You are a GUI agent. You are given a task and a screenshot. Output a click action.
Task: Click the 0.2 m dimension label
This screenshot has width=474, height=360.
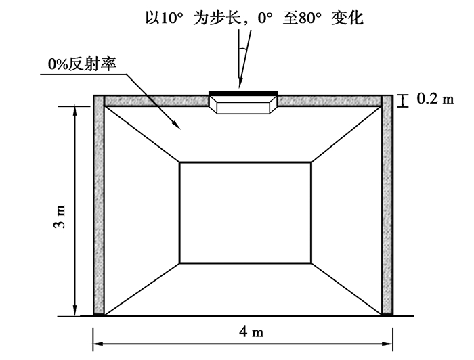(435, 99)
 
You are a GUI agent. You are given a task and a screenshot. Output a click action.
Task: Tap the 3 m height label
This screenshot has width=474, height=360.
(60, 217)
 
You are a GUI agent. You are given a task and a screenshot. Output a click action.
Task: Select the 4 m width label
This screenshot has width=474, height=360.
(251, 332)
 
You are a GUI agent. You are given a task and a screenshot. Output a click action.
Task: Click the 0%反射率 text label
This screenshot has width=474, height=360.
(82, 64)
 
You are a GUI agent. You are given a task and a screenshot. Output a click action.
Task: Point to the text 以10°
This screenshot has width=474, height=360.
(165, 18)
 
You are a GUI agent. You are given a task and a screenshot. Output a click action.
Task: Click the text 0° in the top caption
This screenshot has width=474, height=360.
(265, 18)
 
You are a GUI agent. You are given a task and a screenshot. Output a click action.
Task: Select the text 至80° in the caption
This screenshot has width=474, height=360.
(302, 18)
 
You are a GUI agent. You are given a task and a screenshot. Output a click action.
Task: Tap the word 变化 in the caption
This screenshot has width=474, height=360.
(347, 18)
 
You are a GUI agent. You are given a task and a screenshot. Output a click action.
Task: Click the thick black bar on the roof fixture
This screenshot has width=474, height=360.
(243, 93)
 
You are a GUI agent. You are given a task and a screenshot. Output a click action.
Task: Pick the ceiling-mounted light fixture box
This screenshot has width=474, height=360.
(243, 104)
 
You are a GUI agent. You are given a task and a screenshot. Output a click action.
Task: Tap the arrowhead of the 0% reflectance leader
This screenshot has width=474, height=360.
(177, 125)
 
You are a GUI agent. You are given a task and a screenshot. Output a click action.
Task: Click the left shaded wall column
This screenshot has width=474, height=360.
(99, 205)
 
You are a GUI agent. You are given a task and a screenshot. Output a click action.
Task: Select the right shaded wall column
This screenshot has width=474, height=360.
(387, 205)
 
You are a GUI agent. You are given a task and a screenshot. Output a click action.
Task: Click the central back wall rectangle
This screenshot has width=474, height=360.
(245, 212)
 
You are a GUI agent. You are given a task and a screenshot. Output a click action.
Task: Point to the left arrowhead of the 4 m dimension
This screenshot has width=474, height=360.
(99, 344)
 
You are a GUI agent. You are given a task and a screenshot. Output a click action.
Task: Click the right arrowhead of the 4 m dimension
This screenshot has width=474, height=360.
(387, 344)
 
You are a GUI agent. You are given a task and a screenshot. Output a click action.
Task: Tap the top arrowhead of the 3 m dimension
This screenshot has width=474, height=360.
(74, 111)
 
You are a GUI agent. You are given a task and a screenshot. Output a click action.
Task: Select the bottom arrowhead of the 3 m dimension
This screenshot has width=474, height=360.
(74, 310)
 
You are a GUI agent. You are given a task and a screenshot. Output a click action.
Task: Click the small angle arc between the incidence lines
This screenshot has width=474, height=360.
(242, 49)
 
